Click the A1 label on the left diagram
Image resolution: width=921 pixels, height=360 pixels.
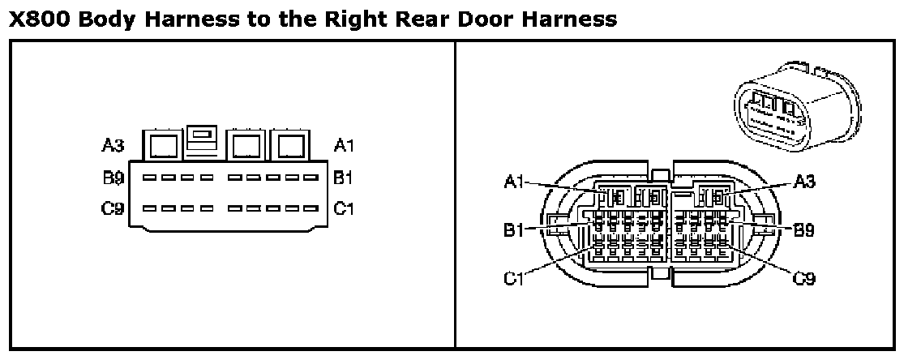click(345, 146)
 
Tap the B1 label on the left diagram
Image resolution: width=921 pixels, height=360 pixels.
click(345, 178)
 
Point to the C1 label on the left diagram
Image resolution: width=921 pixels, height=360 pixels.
click(345, 208)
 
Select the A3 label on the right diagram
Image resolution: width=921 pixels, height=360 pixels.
click(804, 182)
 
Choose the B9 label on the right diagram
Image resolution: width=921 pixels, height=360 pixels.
click(804, 229)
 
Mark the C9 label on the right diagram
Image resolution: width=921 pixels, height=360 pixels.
click(804, 279)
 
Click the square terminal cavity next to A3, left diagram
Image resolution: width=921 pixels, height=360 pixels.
click(163, 146)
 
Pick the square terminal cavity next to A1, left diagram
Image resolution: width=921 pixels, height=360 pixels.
click(289, 146)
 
